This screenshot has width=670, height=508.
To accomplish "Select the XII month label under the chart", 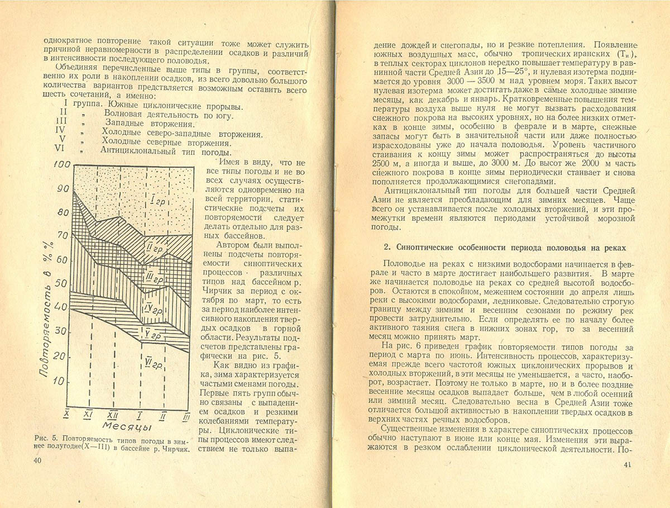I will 113,415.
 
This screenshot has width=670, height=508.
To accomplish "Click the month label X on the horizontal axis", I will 66,414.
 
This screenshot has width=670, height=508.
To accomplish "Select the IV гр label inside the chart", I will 153,308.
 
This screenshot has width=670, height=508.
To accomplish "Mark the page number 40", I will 37,459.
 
